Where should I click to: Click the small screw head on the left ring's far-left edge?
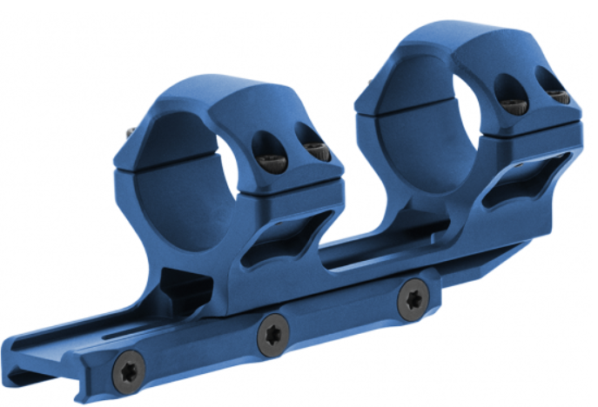coord(131,133)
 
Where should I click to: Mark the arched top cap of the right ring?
coord(453,39)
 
